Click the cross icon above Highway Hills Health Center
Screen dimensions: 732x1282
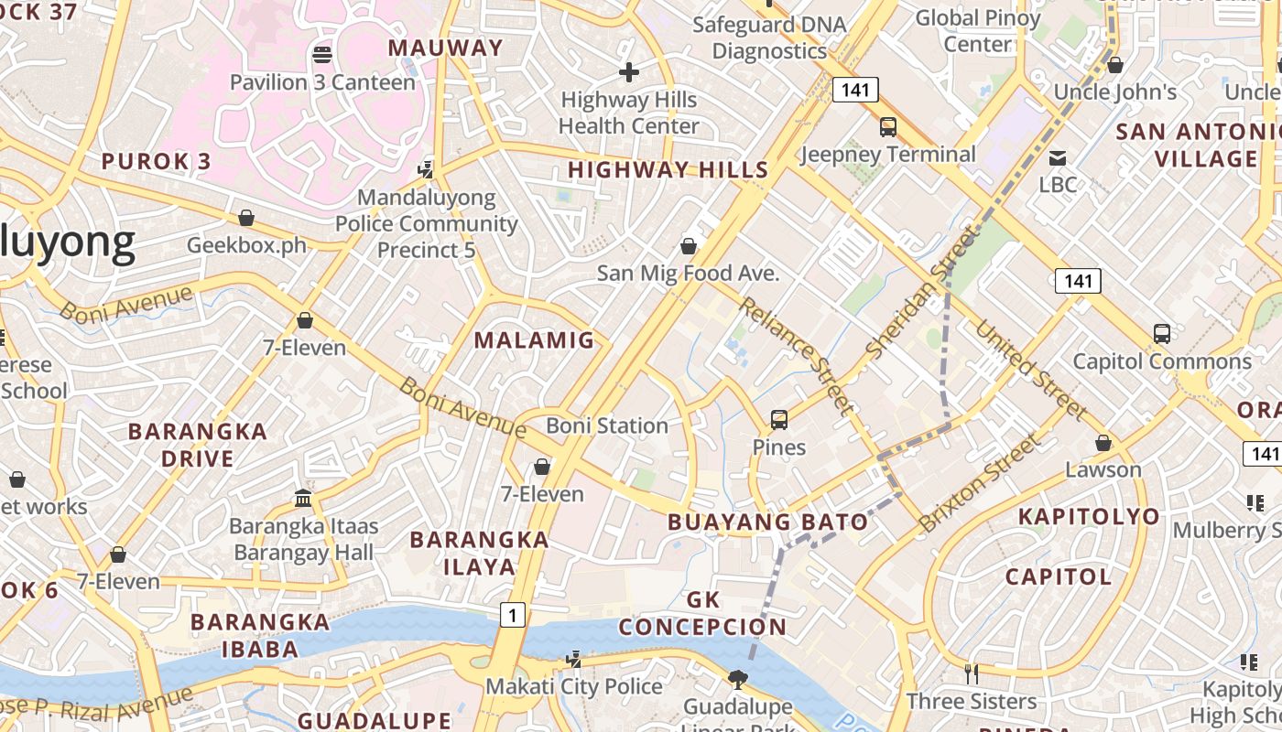coord(629,71)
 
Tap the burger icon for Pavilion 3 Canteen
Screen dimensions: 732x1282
coord(321,54)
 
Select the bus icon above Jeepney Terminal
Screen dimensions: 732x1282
coord(887,127)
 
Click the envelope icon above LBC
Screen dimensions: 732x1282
coord(1058,157)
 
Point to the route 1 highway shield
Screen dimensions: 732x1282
coord(513,615)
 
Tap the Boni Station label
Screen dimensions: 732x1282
coord(607,425)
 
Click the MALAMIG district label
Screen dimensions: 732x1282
coord(535,340)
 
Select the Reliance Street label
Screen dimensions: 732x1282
coord(797,356)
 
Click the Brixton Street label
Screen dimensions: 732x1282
coord(980,482)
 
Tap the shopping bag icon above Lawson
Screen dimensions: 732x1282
coord(1103,443)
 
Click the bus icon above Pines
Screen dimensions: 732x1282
coord(778,420)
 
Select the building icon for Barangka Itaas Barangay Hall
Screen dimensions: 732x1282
coord(303,499)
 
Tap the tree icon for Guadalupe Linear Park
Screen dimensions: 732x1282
coord(737,679)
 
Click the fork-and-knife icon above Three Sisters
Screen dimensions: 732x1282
coord(972,674)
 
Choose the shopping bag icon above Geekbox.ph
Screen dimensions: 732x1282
coord(245,218)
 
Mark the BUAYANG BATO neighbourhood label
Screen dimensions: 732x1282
coord(767,522)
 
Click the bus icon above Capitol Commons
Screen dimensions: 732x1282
coord(1161,334)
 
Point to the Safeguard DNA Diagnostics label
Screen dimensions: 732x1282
coord(770,37)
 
